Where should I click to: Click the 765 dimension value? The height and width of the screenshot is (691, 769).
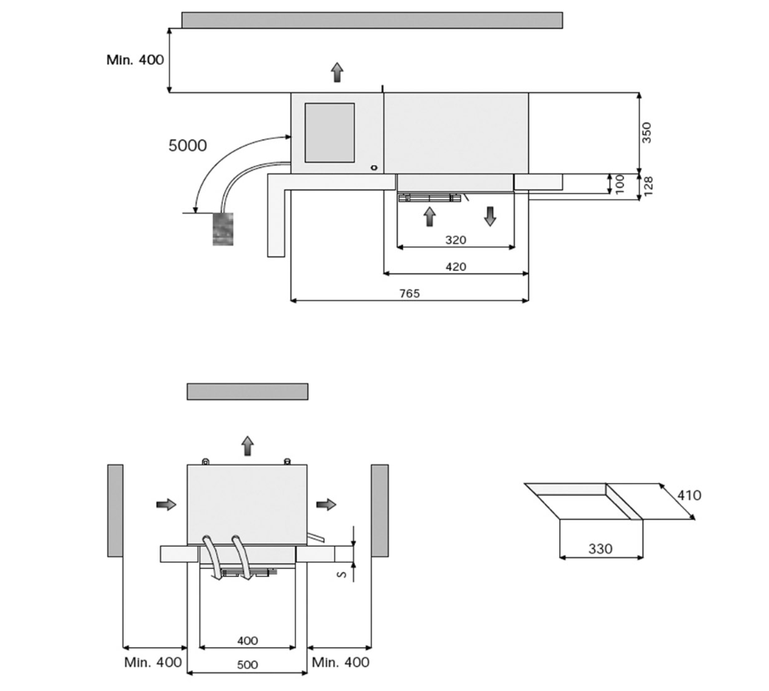point(409,293)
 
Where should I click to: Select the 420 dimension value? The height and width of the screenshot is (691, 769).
point(455,267)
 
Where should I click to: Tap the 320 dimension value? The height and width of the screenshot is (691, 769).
point(455,240)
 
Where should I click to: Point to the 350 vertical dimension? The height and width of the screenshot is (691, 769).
point(646,132)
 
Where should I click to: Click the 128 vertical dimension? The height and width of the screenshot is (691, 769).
point(648,186)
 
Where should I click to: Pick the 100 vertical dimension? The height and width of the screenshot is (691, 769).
point(619,184)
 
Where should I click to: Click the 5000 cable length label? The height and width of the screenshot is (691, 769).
point(187,146)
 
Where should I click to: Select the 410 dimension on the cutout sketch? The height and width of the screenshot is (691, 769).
point(689,495)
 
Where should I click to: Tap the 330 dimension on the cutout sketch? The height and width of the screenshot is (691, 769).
point(601,548)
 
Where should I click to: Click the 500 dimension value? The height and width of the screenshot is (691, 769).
point(247,665)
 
